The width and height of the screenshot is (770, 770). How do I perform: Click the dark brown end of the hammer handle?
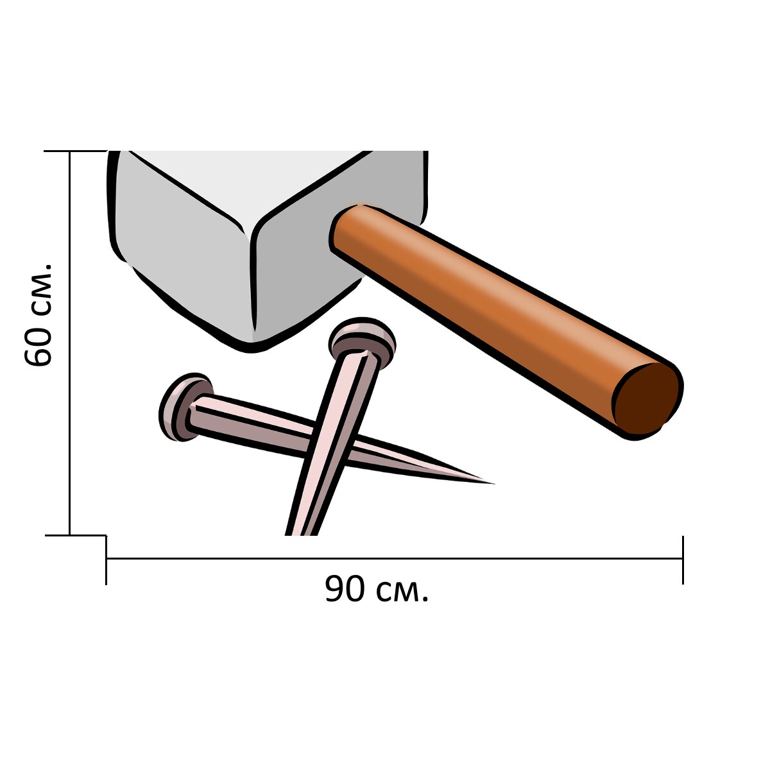(647, 399)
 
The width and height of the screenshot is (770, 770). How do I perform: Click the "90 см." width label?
(377, 590)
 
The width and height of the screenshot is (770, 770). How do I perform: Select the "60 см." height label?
(38, 314)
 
